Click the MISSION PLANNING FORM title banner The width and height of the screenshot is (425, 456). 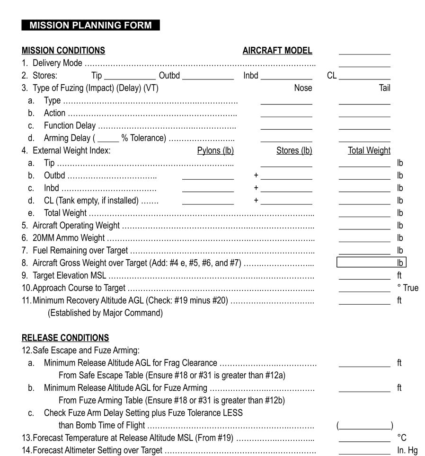[x=90, y=26]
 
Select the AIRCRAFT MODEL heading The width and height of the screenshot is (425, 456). [x=277, y=51]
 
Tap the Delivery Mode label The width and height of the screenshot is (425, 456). [x=57, y=63]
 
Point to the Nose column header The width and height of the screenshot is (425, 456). [x=303, y=88]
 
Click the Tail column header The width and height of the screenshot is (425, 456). [x=384, y=88]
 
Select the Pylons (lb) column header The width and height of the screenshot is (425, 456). [x=215, y=150]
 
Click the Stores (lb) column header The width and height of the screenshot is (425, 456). [x=294, y=150]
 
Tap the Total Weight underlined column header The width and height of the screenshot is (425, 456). [x=369, y=150]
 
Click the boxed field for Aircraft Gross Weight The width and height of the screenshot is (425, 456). [x=371, y=263]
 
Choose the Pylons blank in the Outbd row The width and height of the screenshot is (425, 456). [x=208, y=176]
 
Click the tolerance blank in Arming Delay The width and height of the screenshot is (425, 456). [x=108, y=139]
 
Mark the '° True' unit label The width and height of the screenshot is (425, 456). [x=407, y=288]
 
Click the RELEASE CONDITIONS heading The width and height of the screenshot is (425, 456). [x=65, y=338]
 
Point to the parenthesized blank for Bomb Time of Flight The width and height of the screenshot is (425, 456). [x=364, y=425]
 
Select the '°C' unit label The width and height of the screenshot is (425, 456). [x=402, y=438]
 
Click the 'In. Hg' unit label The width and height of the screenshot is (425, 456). [x=407, y=450]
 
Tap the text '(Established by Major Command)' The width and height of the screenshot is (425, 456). [x=105, y=313]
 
